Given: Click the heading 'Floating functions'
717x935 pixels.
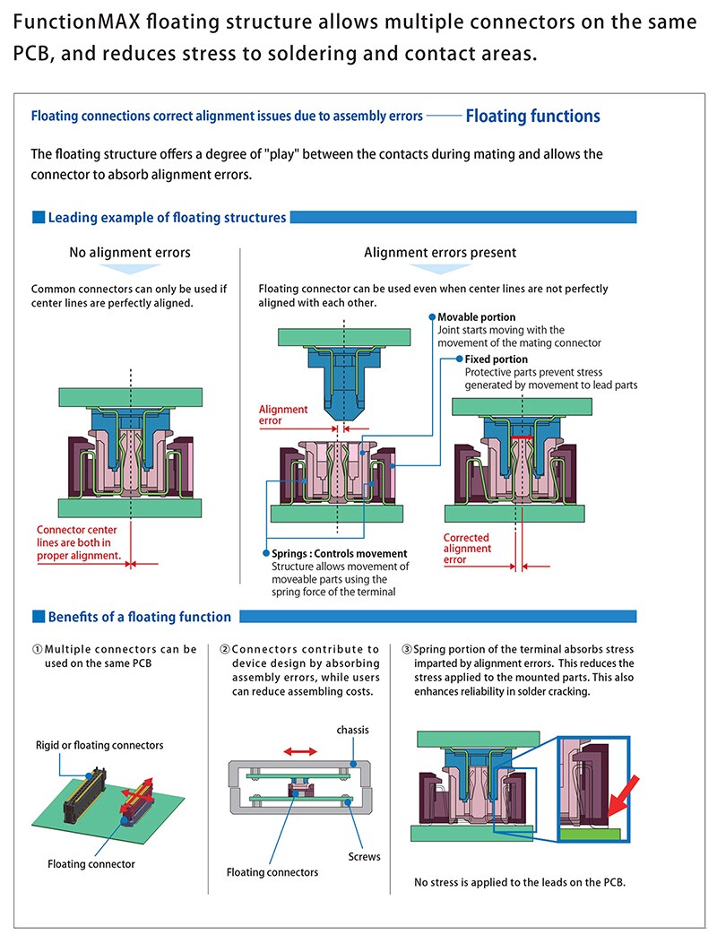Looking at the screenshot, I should [532, 116].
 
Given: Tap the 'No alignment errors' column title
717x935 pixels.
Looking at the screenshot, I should [130, 253].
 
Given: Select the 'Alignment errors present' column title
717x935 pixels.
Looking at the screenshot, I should [440, 253].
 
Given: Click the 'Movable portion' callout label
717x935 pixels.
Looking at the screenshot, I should [476, 317].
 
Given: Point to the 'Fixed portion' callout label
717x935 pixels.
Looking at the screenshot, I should [496, 359].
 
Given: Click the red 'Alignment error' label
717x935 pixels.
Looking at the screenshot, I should [283, 415].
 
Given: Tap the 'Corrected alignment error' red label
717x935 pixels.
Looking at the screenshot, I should [468, 549].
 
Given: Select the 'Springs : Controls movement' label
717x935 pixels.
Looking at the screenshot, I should [339, 553].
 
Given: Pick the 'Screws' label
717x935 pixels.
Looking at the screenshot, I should [364, 856].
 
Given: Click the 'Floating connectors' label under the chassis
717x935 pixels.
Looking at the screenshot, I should [272, 872].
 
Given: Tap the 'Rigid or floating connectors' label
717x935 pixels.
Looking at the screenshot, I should [99, 745].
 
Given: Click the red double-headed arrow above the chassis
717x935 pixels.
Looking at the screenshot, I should [300, 751].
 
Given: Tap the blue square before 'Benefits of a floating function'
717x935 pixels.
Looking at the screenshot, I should [38, 617].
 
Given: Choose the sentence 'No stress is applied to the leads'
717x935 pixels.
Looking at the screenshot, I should [519, 882].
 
